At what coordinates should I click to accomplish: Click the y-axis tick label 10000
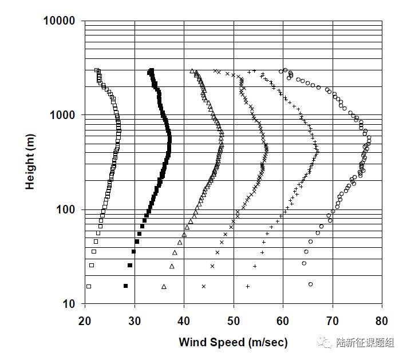pyautogui.click(x=60, y=21)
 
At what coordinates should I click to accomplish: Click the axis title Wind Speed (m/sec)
pyautogui.click(x=233, y=343)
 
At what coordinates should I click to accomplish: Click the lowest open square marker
pyautogui.click(x=89, y=286)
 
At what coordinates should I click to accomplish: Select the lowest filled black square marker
pyautogui.click(x=125, y=286)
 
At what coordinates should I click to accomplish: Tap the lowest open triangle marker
pyautogui.click(x=164, y=286)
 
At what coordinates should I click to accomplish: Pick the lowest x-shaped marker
pyautogui.click(x=203, y=286)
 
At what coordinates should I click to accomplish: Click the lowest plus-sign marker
pyautogui.click(x=248, y=286)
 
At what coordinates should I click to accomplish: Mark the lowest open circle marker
pyautogui.click(x=311, y=284)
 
